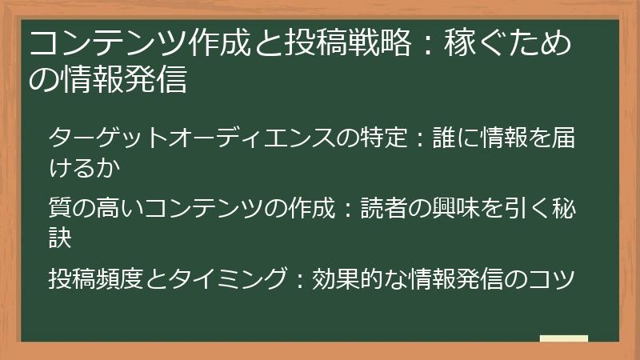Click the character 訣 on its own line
coord(61,236)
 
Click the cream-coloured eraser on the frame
coord(563,338)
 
